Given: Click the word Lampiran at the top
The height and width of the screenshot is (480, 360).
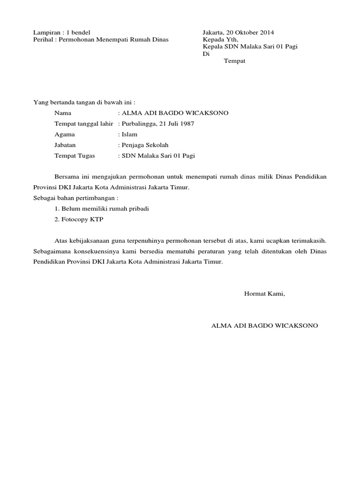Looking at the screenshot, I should [47, 32].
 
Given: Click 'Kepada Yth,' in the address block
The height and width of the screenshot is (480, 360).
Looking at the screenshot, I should [220, 40].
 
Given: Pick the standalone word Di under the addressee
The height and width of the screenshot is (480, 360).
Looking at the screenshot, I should [205, 54].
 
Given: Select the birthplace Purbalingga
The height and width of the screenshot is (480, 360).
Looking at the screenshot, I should [141, 124].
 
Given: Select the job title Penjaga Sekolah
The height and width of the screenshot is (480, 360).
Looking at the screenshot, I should [145, 145].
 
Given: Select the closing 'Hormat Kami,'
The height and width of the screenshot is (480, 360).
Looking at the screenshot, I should [264, 294].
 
